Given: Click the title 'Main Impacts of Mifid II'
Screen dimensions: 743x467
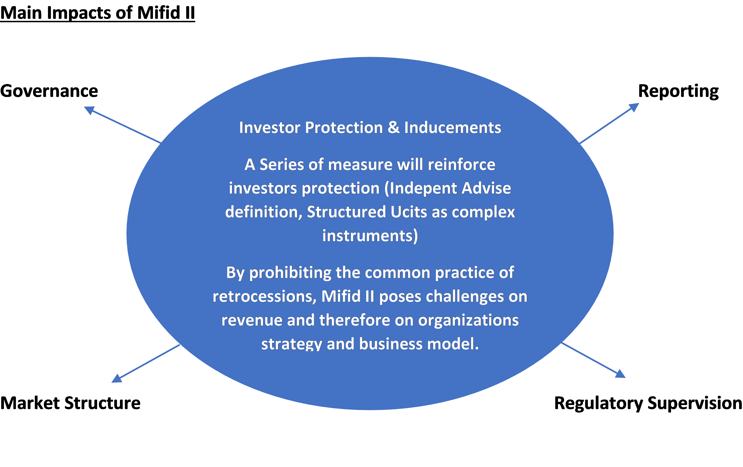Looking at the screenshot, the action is pos(98,13).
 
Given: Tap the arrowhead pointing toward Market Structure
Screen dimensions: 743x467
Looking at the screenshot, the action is pos(116,378).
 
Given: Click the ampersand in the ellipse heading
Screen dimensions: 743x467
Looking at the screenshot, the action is pos(393,127).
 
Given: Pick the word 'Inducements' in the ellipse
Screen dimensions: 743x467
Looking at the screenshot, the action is pos(453,127).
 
